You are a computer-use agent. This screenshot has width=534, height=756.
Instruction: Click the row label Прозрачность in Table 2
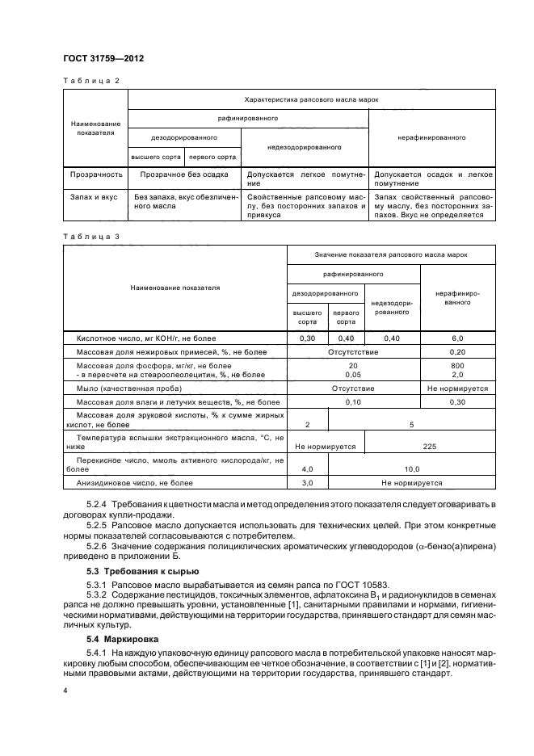95,174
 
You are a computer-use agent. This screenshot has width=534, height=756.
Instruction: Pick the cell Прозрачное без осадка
183,174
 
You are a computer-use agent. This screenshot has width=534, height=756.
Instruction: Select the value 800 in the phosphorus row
457,366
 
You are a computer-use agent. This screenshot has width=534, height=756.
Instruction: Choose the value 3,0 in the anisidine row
307,482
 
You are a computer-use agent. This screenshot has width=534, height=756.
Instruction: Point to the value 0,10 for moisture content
353,401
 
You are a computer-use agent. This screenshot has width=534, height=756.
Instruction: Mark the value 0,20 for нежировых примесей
457,351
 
